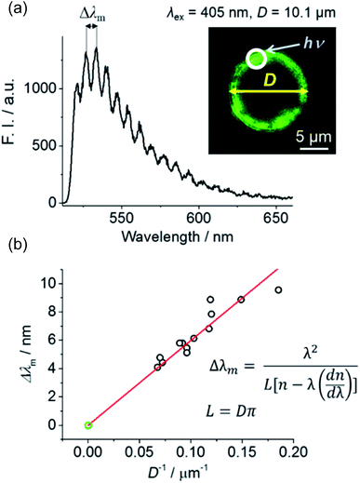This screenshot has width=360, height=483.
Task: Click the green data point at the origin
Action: tap(88, 425)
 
